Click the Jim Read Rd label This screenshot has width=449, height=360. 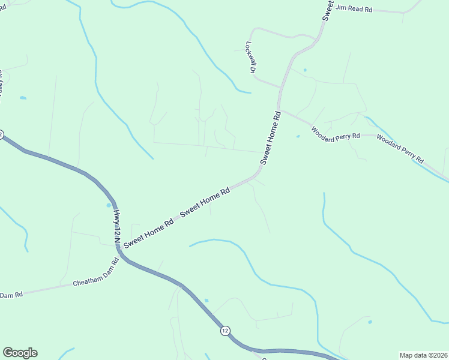pyautogui.click(x=355, y=8)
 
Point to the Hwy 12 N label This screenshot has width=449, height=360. pyautogui.click(x=117, y=228)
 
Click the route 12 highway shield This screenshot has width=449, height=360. pyautogui.click(x=224, y=331)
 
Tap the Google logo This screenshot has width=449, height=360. pyautogui.click(x=20, y=353)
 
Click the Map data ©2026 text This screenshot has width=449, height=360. pyautogui.click(x=423, y=355)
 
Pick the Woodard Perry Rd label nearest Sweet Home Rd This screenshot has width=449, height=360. pyautogui.click(x=335, y=133)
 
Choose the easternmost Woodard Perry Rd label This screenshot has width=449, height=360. pyautogui.click(x=400, y=149)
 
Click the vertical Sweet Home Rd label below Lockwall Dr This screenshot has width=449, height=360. pyautogui.click(x=271, y=138)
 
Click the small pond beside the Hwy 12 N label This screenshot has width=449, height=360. pyautogui.click(x=109, y=222)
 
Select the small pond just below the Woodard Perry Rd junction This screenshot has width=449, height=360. pyautogui.click(x=298, y=136)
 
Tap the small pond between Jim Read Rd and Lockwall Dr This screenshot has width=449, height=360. pyautogui.click(x=305, y=70)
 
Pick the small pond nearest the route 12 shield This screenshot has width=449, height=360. pyautogui.click(x=206, y=300)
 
